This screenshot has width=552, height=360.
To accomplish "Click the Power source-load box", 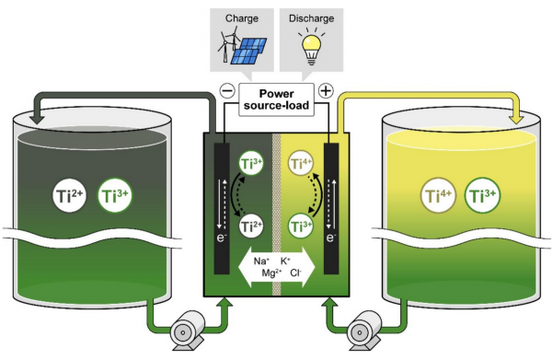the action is [x=276, y=99].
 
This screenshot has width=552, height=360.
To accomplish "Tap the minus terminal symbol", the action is [x=227, y=91].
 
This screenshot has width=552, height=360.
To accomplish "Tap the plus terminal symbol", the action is [x=326, y=91].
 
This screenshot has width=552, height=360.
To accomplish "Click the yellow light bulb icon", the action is [x=312, y=49].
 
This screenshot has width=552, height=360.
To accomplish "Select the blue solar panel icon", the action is [x=248, y=51].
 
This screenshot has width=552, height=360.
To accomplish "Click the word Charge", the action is [x=242, y=18].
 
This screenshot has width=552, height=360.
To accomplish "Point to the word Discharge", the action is [x=312, y=18].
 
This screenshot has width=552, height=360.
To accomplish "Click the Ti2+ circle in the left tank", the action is [x=69, y=196].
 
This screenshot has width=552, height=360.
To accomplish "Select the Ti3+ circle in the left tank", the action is [x=115, y=196].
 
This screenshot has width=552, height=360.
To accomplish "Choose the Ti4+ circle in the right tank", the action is [x=438, y=195].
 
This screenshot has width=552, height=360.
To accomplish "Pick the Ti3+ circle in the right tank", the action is [x=483, y=195].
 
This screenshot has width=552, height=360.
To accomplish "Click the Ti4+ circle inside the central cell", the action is [x=301, y=163].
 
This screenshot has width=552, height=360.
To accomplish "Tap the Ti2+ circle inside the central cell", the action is [x=251, y=226].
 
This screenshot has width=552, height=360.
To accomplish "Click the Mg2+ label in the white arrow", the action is [x=271, y=273].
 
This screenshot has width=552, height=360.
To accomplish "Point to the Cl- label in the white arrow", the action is [x=296, y=273].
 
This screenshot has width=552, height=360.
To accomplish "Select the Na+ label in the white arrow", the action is [x=261, y=261].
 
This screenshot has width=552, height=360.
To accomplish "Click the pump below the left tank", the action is [x=187, y=330].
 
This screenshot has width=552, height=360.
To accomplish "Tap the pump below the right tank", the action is [x=363, y=330].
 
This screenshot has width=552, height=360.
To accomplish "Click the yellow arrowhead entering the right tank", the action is [x=516, y=119].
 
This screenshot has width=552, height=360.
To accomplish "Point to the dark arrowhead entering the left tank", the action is [x=37, y=119].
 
